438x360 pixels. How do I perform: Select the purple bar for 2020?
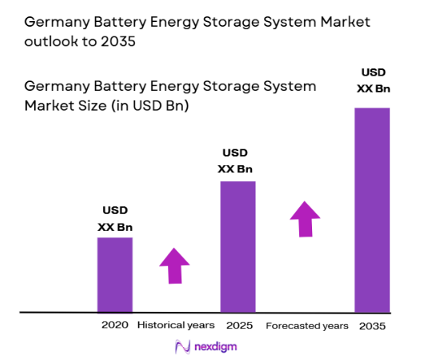coord(115,275)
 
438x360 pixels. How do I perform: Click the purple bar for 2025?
coord(237,246)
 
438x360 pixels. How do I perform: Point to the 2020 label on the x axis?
coord(115,325)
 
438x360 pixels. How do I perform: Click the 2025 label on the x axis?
coord(237,325)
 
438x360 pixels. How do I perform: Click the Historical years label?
coord(176,325)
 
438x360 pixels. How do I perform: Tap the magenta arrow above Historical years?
coord(174,265)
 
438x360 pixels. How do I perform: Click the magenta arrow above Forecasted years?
coord(306,218)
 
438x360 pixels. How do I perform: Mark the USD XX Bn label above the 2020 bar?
coord(115,219)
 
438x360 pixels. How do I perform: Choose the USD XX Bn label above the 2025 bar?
coord(236,161)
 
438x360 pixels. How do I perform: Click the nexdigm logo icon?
coord(183,346)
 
